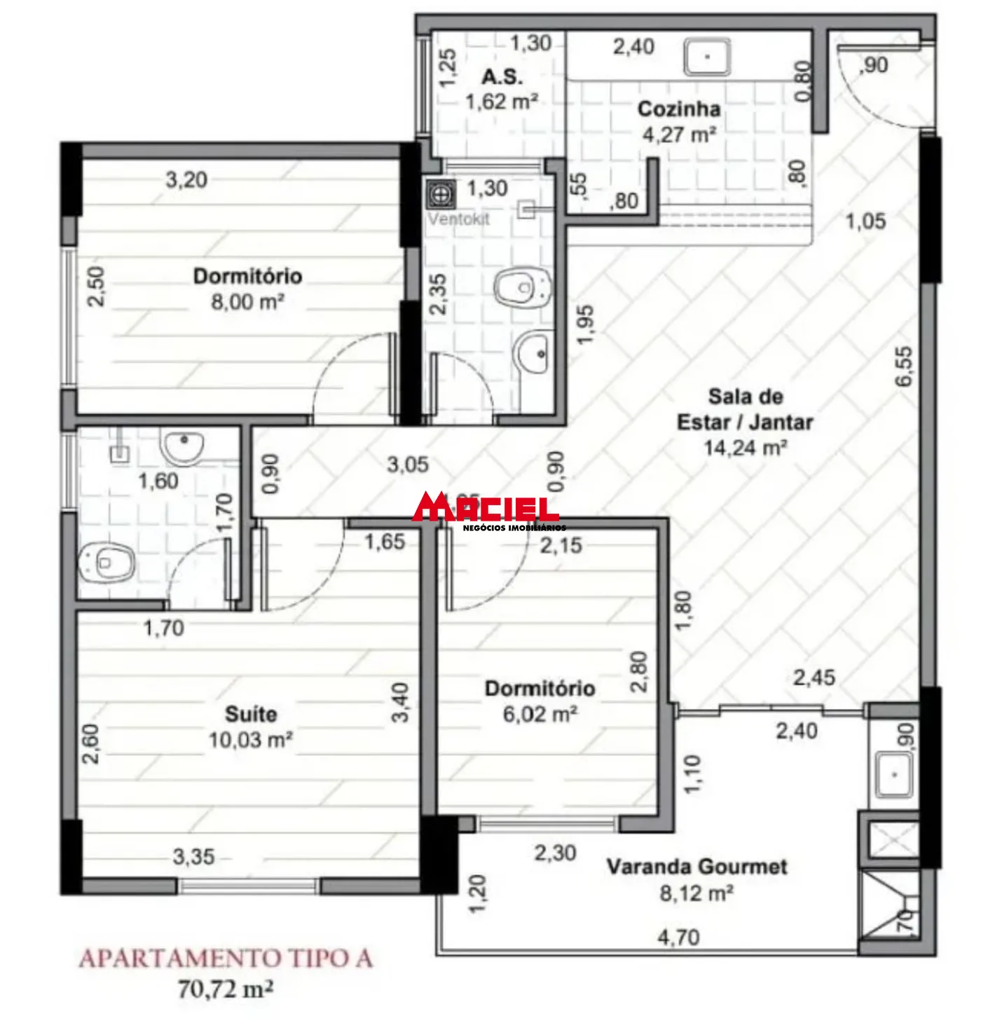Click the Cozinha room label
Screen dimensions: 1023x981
[x=678, y=109]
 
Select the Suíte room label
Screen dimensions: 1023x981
[x=250, y=714]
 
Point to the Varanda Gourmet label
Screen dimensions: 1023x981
[x=697, y=867]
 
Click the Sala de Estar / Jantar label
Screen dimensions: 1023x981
[x=745, y=409]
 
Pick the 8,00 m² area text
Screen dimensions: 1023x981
[x=247, y=302]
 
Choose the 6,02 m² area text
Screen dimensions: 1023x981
[x=540, y=714]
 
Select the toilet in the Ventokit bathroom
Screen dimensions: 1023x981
[x=523, y=288]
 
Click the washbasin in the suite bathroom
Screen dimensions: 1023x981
[x=182, y=446]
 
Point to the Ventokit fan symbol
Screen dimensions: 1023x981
[x=441, y=194]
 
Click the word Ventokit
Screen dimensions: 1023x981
[x=459, y=219]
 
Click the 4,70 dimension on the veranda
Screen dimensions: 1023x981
[x=678, y=937]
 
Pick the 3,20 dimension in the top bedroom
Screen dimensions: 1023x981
[x=186, y=180]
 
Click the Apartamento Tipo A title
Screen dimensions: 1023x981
[x=226, y=958]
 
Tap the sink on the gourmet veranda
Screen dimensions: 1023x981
[x=893, y=775]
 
